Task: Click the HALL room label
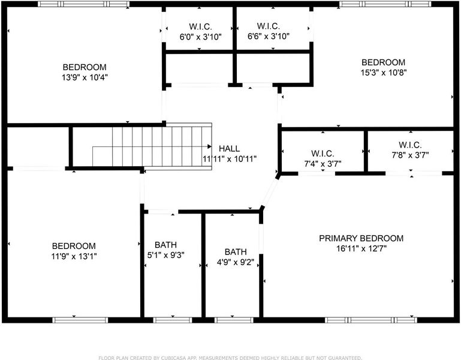pos(230,148)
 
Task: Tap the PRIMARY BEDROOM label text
pos(361,238)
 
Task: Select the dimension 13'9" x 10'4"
pos(85,77)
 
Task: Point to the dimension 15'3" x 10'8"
pos(384,73)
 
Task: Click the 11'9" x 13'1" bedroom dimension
pos(74,256)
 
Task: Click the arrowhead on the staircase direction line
pos(209,146)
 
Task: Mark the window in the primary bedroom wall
pos(370,320)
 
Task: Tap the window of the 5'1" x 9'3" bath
pos(173,320)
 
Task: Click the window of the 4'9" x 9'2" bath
pos(234,320)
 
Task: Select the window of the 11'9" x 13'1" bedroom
pos(80,320)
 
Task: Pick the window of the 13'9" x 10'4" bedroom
pos(83,4)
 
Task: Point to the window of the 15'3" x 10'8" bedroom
pos(385,4)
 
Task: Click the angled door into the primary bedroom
pos(270,191)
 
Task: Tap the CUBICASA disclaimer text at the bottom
pos(230,358)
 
